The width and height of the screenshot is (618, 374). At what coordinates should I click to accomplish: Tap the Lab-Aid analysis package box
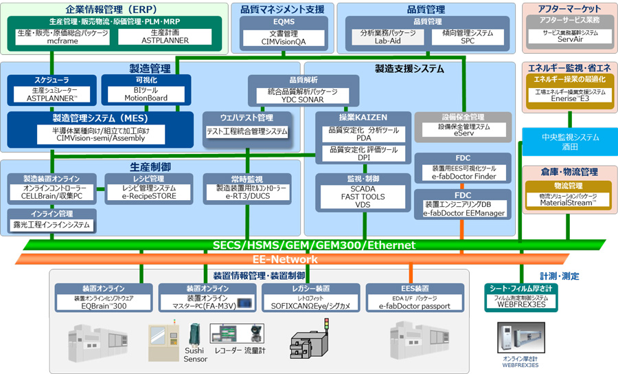point(388,36)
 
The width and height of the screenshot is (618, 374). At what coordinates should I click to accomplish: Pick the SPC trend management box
point(468,36)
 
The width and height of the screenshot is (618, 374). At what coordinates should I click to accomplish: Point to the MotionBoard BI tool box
point(146,94)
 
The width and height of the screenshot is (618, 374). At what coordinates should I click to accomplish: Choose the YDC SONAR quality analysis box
point(303,95)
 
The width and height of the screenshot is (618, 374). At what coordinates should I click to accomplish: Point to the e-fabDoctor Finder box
point(463,173)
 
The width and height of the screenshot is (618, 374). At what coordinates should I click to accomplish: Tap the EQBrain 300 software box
point(104,304)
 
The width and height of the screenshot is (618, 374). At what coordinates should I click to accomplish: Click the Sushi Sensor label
point(195,355)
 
